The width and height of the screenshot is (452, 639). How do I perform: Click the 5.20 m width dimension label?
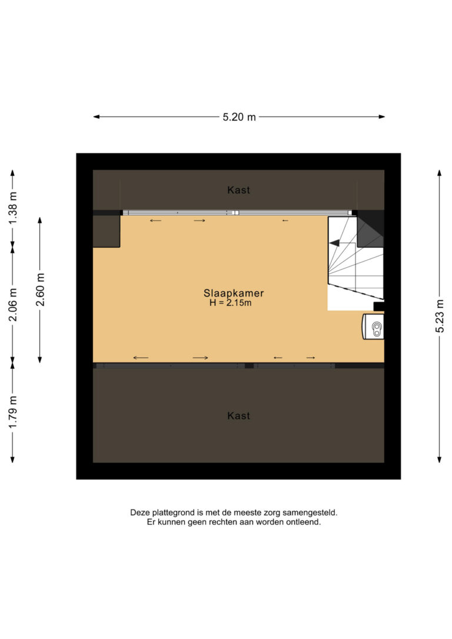pos(239,117)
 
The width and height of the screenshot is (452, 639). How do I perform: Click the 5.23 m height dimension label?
pos(440,316)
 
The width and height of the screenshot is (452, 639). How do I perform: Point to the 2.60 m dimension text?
pos(40,289)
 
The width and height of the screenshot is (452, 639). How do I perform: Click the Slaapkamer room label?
pos(234,293)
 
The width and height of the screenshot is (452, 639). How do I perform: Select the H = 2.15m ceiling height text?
pos(230,303)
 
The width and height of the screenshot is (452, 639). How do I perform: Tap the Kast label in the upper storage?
pos(238,190)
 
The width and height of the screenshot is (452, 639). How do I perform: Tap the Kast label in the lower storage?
pos(238,415)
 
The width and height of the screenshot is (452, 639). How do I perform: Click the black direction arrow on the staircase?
pos(335,243)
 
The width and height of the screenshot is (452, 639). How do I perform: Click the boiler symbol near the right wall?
pos(373,327)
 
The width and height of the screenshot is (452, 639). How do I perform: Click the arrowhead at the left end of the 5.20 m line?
pos(97,117)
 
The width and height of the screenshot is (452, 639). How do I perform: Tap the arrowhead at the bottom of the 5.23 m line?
pos(440,460)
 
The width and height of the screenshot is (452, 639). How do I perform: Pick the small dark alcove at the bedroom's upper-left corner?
pos(107,231)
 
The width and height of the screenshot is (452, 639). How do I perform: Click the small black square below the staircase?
pos(378,307)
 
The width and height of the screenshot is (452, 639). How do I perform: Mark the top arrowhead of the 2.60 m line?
pos(40,221)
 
